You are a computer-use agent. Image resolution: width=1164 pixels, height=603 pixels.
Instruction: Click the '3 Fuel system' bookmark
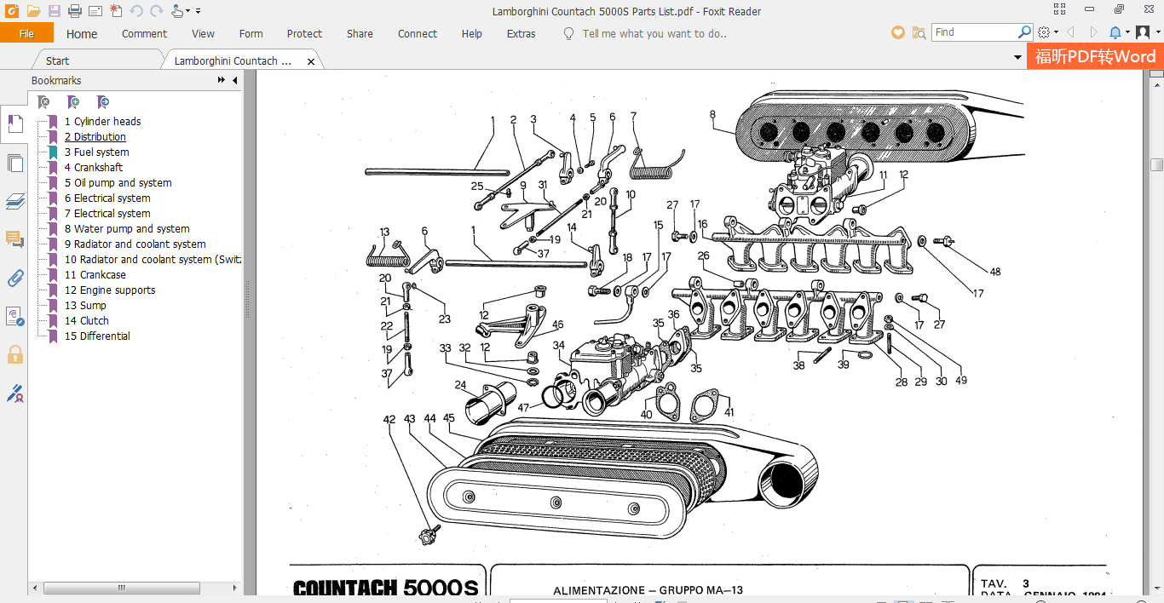[101, 152]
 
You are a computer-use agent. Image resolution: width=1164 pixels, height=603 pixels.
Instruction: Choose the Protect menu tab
[304, 34]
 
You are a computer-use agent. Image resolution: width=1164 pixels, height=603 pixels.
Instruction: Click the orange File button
[26, 34]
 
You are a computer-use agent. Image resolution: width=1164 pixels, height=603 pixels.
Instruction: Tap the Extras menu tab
[521, 34]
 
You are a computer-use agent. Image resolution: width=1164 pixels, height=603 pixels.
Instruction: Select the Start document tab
[57, 61]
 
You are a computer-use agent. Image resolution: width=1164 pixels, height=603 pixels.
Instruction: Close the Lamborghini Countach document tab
[311, 61]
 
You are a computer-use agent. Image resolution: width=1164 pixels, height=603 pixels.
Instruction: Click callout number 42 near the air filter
[389, 419]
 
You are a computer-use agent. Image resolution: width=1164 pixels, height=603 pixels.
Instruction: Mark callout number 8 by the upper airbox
[712, 114]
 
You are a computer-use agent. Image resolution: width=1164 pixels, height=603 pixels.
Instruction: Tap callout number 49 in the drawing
[961, 381]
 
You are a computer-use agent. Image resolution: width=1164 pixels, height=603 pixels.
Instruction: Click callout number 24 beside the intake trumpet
[460, 384]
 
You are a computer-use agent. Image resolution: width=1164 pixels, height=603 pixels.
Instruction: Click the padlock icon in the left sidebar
[14, 354]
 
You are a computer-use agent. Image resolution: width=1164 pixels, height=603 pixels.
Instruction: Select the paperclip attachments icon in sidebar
[14, 278]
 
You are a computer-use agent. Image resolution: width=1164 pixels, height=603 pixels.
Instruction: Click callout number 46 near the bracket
[557, 324]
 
